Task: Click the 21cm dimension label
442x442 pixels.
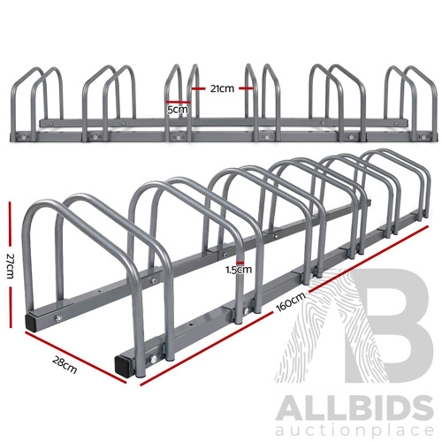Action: (x=222, y=88)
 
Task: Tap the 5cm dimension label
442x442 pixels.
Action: (x=178, y=110)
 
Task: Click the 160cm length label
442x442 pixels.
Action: (x=293, y=301)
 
